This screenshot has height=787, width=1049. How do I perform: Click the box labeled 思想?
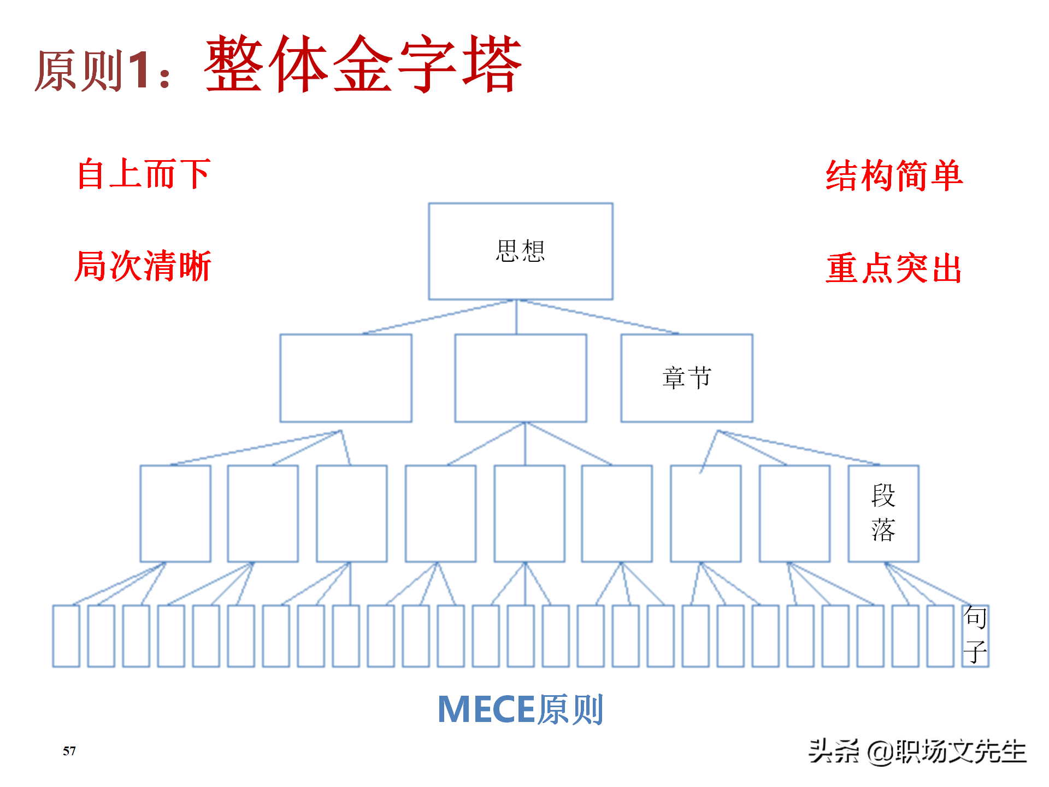[x=520, y=251]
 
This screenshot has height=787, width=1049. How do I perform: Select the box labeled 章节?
[x=686, y=378]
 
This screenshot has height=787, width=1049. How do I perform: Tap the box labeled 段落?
[x=883, y=513]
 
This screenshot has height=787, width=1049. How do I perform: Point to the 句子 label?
[x=975, y=635]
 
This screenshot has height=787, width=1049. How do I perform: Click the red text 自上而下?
[x=144, y=174]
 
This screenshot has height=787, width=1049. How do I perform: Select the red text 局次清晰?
[x=143, y=267]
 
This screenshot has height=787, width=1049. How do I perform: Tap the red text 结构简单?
[x=894, y=176]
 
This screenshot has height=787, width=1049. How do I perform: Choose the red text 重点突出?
[x=894, y=268]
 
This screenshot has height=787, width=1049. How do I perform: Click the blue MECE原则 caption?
[x=520, y=709]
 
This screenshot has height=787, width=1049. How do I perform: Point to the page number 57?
[x=69, y=751]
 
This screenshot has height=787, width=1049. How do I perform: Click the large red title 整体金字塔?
[x=363, y=64]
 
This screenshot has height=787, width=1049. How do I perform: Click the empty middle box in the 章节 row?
[x=520, y=378]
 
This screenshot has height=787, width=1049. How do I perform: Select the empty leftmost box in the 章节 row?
[x=345, y=378]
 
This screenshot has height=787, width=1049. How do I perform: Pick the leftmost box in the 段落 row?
[x=175, y=513]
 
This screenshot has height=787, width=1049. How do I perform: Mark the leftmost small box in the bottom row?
[x=66, y=636]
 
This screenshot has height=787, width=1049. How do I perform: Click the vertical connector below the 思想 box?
[x=516, y=317]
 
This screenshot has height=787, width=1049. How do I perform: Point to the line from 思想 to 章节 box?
[x=598, y=317]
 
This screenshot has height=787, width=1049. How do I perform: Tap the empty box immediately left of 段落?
[x=794, y=513]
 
